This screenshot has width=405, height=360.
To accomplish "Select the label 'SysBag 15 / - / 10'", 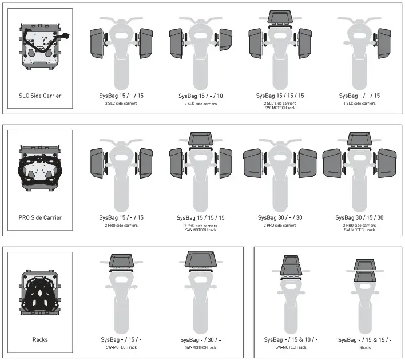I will click(x=200, y=96).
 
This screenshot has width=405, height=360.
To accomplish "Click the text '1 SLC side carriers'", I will click(x=359, y=104).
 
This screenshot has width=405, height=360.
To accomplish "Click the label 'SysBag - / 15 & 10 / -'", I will click(x=291, y=339).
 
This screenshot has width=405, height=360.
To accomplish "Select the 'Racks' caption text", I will click(x=40, y=339).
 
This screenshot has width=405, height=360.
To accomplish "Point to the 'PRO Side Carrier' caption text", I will click(x=40, y=217).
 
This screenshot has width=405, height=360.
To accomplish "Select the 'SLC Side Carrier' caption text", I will click(x=40, y=96).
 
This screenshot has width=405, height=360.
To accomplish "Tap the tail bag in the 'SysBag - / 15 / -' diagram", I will click(x=121, y=262).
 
